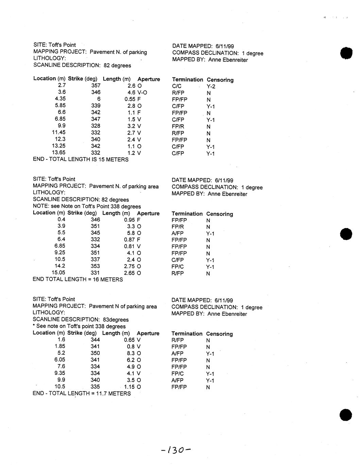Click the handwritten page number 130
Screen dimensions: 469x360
176,450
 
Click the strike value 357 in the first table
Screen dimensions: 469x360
96,86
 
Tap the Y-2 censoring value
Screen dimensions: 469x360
211,86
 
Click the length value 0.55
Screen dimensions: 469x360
130,99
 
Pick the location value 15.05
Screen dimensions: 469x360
58,273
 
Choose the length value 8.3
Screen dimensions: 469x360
131,353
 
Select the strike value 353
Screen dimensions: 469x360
95,266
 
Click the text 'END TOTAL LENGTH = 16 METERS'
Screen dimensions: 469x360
78,279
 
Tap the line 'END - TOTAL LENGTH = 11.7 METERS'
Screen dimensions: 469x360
82,394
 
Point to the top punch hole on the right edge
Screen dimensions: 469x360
346,53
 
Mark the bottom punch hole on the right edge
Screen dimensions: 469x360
346,415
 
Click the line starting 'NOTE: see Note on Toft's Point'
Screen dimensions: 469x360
87,206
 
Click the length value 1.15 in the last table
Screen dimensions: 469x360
130,387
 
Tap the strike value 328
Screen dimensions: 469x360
96,126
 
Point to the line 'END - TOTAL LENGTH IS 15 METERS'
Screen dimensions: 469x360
81,159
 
